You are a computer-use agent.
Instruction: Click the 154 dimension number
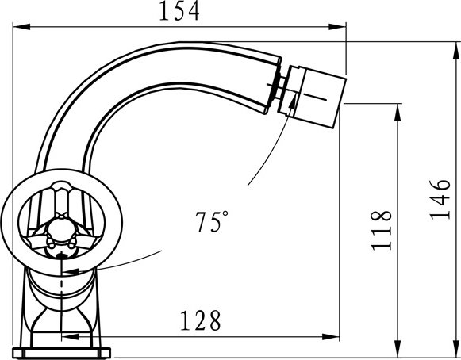pos(179,11)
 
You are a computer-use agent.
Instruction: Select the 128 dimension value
pos(200,320)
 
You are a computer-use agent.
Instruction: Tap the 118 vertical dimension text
pos(382,231)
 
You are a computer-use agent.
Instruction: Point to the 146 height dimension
pos(440,200)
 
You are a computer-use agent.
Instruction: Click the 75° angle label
pos(212,221)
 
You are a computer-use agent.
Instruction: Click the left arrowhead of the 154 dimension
pos(21,27)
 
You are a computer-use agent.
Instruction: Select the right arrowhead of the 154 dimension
pos(337,27)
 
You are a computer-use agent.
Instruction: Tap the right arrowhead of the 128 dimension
pos(331,337)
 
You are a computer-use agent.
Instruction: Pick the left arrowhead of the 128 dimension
pos(71,337)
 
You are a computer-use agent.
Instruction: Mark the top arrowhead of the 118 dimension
pos(398,113)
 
